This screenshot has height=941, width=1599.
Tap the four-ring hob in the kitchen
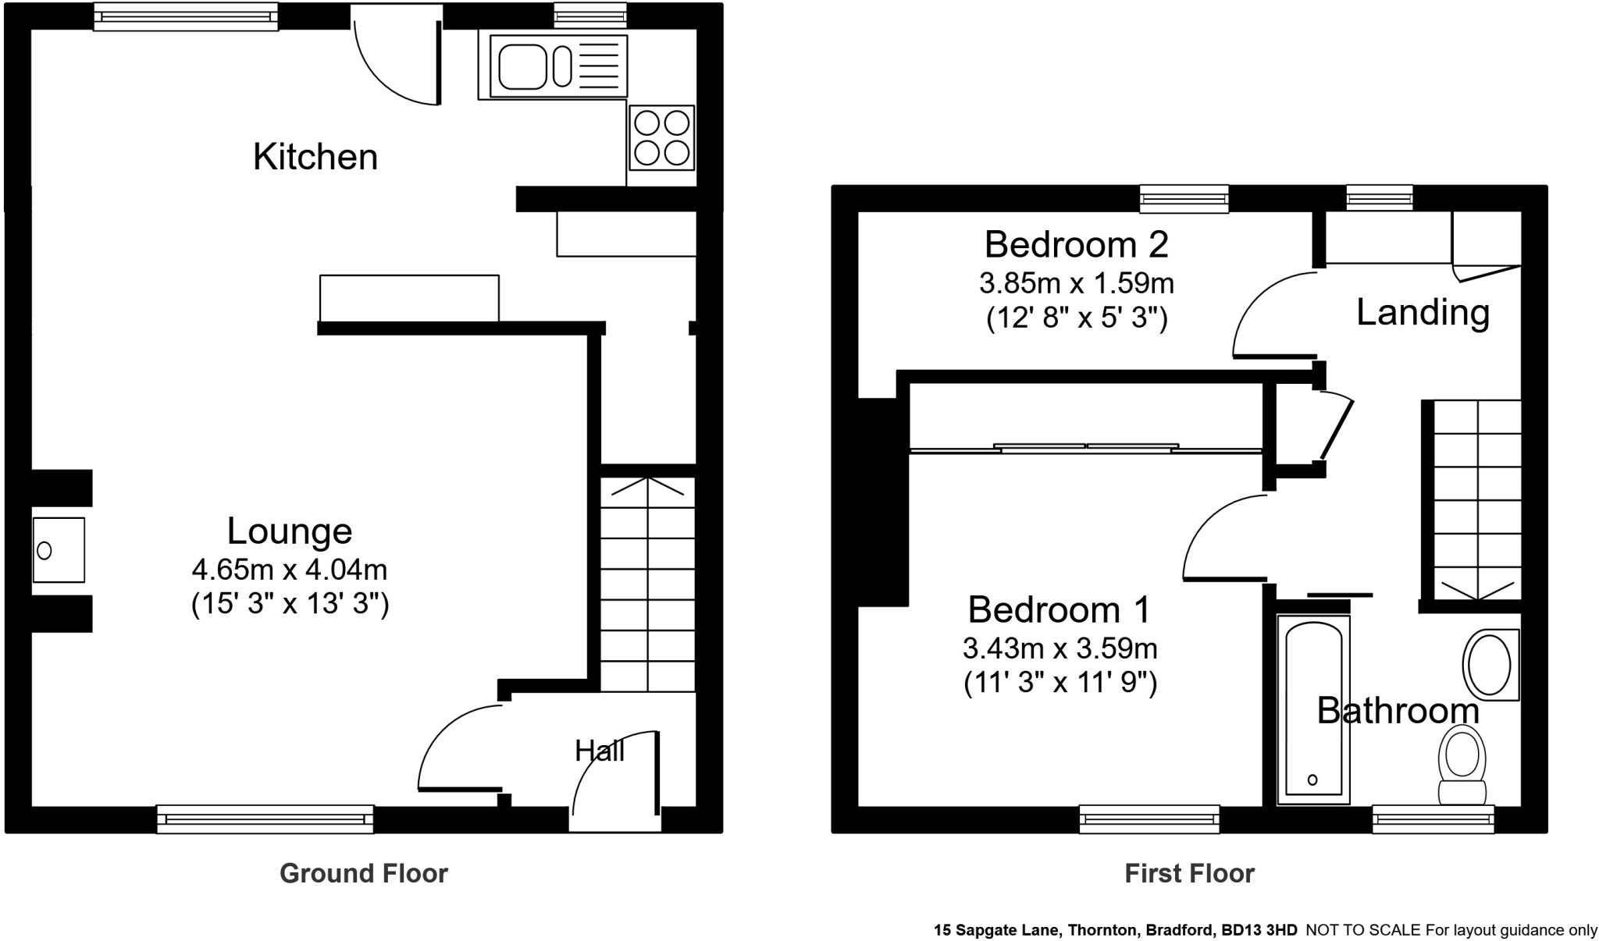[662, 137]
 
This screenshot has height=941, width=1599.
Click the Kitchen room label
[315, 157]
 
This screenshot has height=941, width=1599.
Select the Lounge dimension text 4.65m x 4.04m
[290, 570]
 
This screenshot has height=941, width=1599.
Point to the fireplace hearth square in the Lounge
[59, 550]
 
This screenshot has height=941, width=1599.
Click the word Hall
[600, 751]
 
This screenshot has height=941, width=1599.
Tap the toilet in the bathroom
[1462, 765]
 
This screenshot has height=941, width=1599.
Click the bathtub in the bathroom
[1313, 709]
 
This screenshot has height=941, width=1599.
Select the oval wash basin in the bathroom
[1489, 666]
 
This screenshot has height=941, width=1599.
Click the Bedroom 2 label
[1076, 245]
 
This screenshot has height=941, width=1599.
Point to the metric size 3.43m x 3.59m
[1059, 648]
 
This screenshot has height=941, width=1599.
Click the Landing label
[1423, 312]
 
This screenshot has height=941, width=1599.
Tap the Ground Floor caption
[364, 873]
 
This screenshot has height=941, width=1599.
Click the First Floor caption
[1189, 873]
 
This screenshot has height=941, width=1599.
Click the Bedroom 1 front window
[1149, 818]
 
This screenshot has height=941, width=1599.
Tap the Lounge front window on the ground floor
[265, 818]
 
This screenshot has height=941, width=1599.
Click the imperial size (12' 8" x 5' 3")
[1077, 318]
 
